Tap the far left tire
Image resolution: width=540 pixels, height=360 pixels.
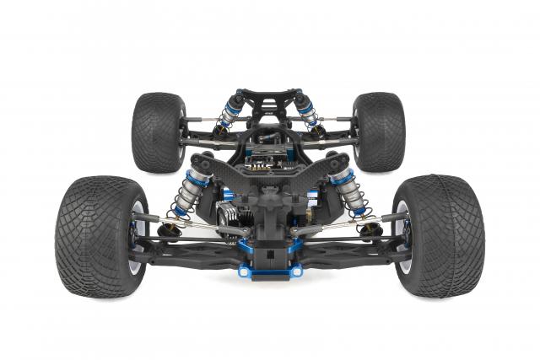(x=157, y=132)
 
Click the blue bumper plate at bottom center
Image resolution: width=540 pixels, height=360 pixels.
(x=269, y=270)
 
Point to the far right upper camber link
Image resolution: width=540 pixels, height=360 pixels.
(x=336, y=119)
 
